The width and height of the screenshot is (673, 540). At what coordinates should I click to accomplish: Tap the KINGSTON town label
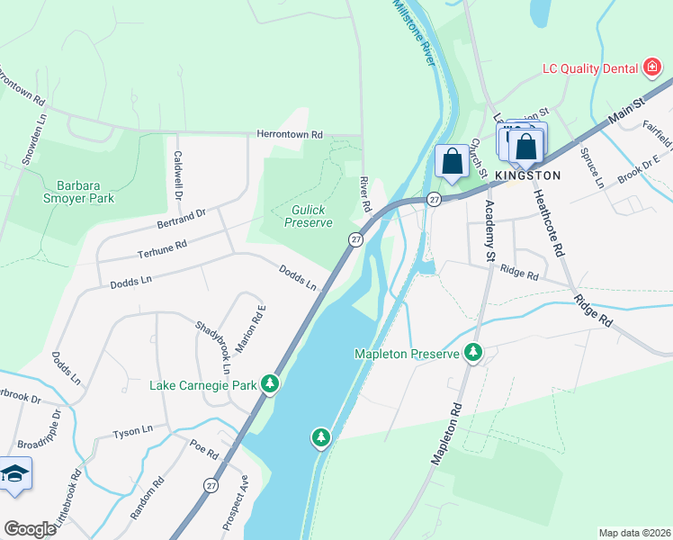528,175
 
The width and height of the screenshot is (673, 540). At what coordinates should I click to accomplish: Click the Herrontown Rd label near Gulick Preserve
289,134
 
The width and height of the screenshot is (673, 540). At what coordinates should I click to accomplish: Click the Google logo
30,529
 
